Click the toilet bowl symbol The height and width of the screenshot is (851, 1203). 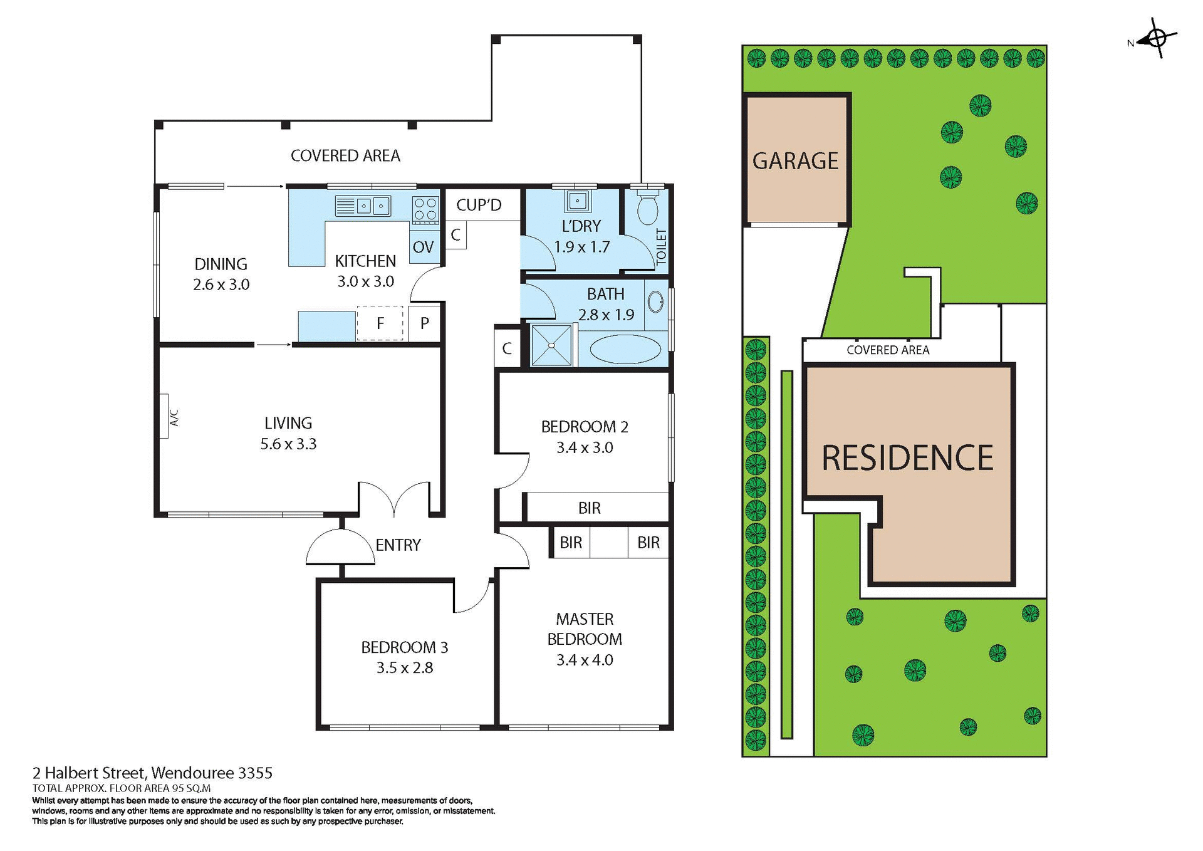[647, 209]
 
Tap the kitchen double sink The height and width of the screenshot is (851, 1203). [363, 206]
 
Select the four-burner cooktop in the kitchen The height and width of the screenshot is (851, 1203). [425, 210]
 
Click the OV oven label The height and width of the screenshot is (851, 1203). [423, 247]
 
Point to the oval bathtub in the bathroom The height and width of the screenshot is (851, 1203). [625, 350]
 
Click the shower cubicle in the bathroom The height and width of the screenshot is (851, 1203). [551, 345]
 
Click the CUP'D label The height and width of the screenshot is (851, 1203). [479, 205]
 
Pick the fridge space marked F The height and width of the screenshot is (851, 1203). [380, 323]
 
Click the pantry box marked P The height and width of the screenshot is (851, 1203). [425, 323]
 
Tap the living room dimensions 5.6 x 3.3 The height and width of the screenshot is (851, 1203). [288, 444]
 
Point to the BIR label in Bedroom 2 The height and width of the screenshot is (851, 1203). [589, 508]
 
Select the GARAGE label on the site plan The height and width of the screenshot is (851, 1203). [795, 161]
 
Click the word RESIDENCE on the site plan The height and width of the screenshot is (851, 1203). [907, 457]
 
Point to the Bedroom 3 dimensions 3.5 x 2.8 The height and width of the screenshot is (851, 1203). [405, 667]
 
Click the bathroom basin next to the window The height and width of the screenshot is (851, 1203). [655, 302]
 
